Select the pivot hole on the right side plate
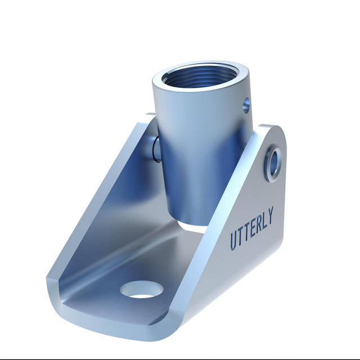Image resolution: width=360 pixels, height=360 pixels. pyautogui.click(x=276, y=161)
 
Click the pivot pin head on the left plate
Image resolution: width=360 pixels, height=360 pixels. pyautogui.click(x=154, y=150)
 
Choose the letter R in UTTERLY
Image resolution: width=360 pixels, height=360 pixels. pyautogui.click(x=258, y=226)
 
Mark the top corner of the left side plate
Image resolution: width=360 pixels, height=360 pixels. pyautogui.click(x=147, y=118)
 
